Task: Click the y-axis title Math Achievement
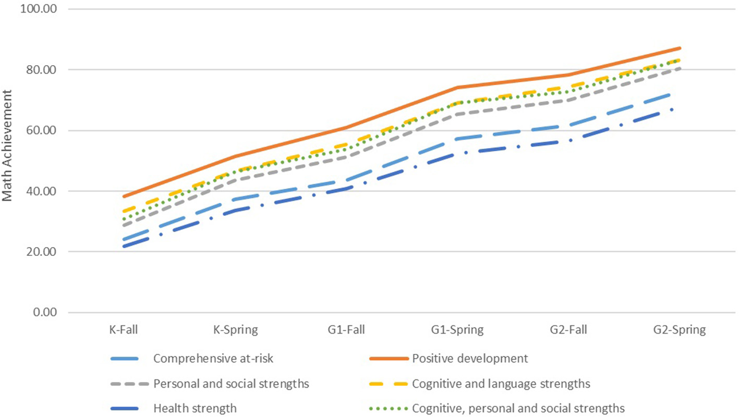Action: pos(7,145)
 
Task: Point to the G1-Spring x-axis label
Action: pos(457,330)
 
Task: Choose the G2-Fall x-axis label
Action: pos(568,330)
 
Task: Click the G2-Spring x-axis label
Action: pos(680,330)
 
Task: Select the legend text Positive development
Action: pos(470,359)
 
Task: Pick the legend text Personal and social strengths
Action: pos(232,384)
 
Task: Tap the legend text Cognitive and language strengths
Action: pos(501,384)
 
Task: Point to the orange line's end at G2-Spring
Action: pos(680,48)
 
